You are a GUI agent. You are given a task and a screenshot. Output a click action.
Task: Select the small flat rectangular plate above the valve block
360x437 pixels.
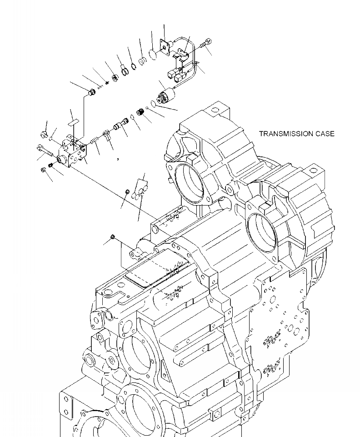pos(73,122)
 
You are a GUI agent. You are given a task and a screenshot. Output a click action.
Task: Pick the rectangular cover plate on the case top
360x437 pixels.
pos(155,271)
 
